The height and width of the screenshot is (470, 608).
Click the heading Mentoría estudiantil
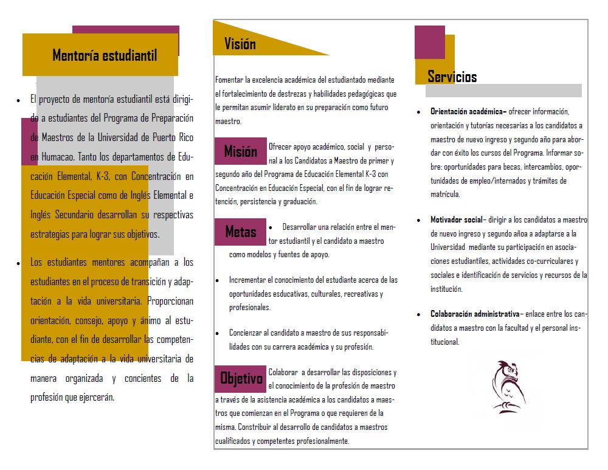(x=105, y=56)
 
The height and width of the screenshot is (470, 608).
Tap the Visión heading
(x=240, y=44)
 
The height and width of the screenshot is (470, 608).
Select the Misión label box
(x=241, y=151)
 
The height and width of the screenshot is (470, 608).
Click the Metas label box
(x=241, y=232)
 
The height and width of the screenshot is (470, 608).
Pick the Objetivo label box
(x=241, y=379)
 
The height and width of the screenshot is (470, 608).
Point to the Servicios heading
(x=452, y=77)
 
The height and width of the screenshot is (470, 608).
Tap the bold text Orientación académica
(x=468, y=112)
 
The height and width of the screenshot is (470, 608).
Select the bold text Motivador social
(x=456, y=219)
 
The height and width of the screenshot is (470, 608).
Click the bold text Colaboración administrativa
(x=474, y=314)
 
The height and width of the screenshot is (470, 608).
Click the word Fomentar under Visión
(x=229, y=80)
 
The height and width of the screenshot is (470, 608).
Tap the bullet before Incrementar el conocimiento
(x=218, y=280)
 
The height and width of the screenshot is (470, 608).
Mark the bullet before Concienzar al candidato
(x=218, y=333)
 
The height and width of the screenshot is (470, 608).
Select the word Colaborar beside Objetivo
(x=283, y=372)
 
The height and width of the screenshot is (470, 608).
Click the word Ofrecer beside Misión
(x=280, y=147)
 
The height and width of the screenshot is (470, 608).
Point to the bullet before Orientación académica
(x=418, y=112)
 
